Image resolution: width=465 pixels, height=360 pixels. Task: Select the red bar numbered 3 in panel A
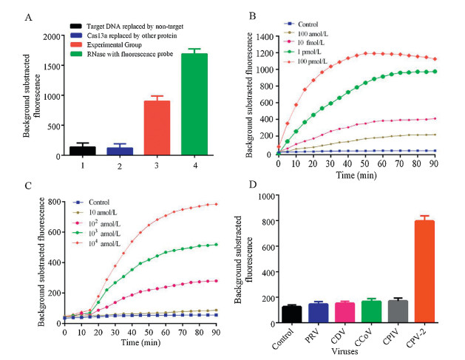pos(152,128)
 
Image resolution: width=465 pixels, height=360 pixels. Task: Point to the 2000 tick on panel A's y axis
pos(52,35)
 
